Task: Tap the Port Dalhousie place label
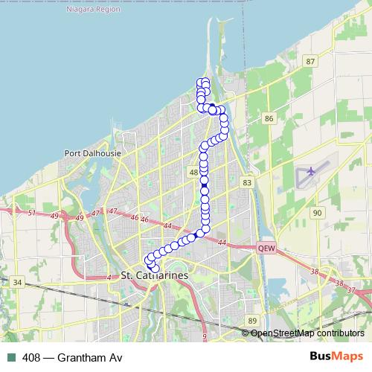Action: click(93, 154)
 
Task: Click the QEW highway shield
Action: click(266, 248)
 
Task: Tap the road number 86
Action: click(269, 118)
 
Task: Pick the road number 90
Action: click(318, 213)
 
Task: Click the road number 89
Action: click(253, 320)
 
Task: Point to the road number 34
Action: click(18, 282)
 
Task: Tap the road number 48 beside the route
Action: click(194, 173)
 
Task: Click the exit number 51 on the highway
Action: click(32, 214)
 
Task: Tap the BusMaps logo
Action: click(336, 357)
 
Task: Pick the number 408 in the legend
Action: click(32, 358)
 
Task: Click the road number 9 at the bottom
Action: click(204, 336)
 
